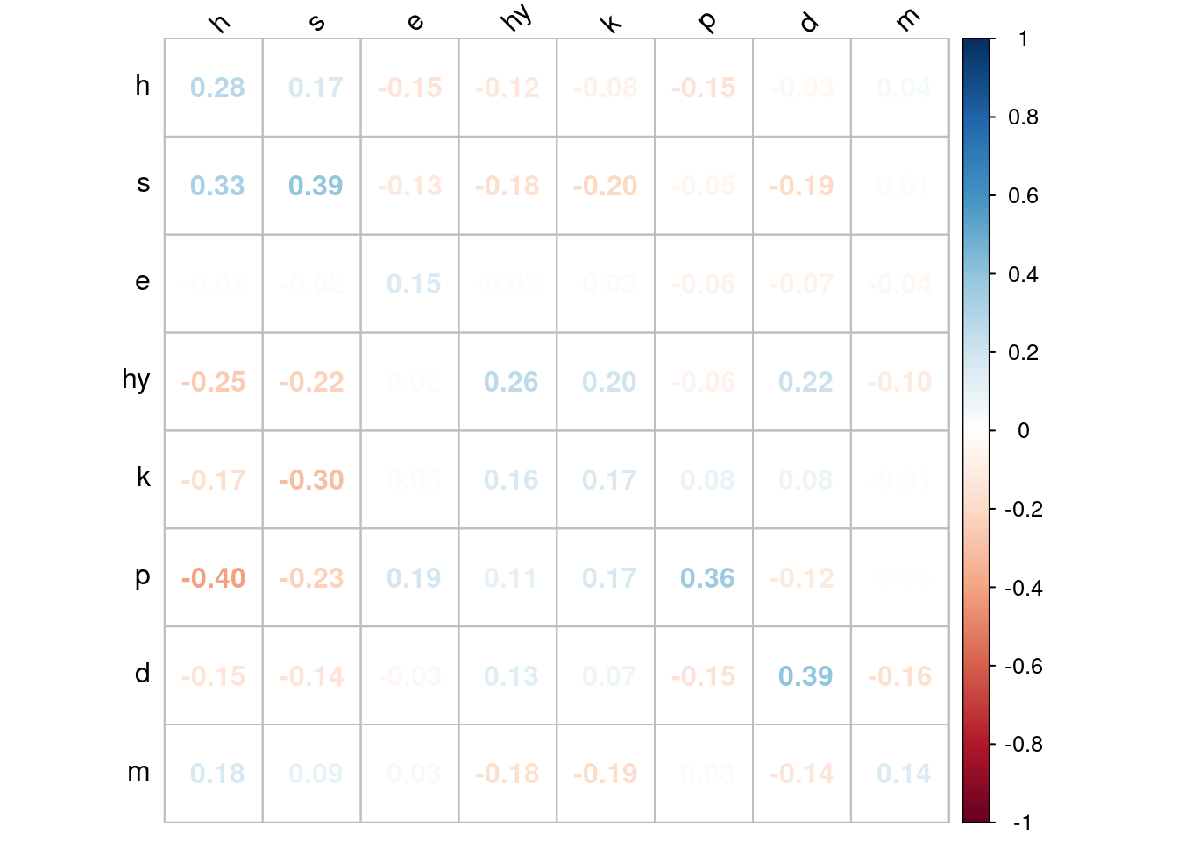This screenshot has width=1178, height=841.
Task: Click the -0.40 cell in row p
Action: point(214,578)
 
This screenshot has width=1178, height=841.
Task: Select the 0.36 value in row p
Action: point(707,578)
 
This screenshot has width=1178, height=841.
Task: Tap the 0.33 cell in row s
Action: point(217,186)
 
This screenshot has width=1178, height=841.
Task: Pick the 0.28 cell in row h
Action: point(217,88)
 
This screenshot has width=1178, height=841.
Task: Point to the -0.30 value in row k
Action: point(312,480)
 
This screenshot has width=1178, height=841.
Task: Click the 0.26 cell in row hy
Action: point(511,382)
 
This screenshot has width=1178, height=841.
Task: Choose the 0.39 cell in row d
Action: point(805,676)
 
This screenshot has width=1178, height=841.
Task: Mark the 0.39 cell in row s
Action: point(316,186)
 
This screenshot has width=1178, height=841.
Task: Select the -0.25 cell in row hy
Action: point(214,382)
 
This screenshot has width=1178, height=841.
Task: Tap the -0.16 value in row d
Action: point(900,676)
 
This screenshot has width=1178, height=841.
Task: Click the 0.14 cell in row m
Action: point(904,774)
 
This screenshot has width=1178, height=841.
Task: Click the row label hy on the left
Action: point(137,380)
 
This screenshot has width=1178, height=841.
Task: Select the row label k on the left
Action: point(144,477)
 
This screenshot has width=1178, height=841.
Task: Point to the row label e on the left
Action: point(143,282)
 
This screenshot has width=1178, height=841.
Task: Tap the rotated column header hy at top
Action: point(516,18)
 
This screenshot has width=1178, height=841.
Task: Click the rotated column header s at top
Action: point(317,21)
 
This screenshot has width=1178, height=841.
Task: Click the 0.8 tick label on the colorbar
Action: point(1023,117)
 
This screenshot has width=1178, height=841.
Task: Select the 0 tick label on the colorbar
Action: point(1023,430)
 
